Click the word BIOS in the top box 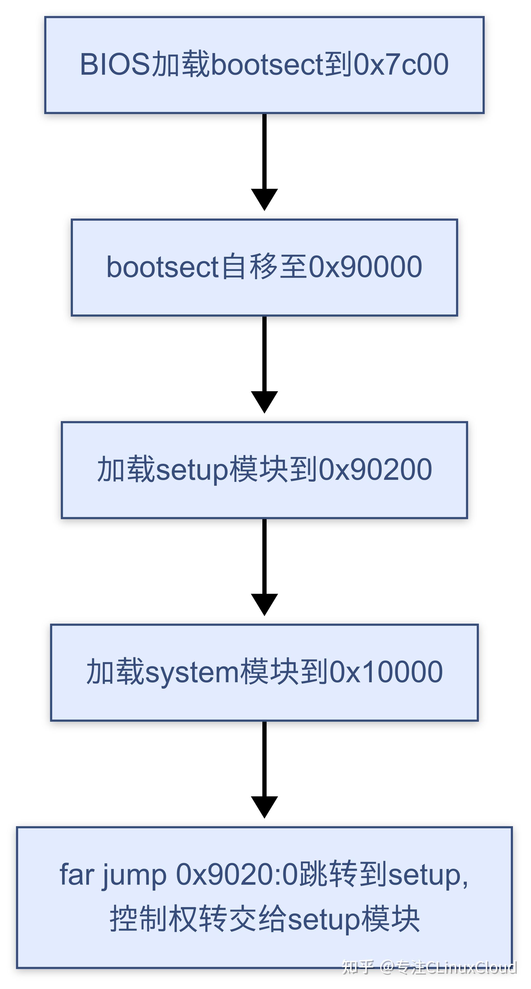point(114,64)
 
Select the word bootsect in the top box point(267,64)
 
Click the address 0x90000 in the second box point(366,267)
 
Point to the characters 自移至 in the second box point(265,267)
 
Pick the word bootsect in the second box point(162,267)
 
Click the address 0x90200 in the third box point(375,469)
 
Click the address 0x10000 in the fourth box point(386,672)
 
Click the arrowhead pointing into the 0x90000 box point(264,199)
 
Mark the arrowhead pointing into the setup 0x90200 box point(264,402)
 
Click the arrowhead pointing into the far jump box point(264,806)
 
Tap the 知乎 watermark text point(357,968)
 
